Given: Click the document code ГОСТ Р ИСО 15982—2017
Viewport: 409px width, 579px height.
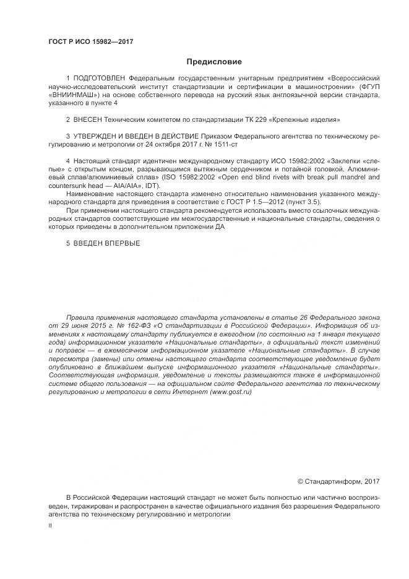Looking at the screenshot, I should click(x=91, y=42).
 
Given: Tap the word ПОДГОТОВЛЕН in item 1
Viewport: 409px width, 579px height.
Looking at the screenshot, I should click(x=99, y=80).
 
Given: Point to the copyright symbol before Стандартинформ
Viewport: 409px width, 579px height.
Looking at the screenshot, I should click(x=301, y=481).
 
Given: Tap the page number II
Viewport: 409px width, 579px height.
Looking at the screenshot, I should click(x=50, y=526).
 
